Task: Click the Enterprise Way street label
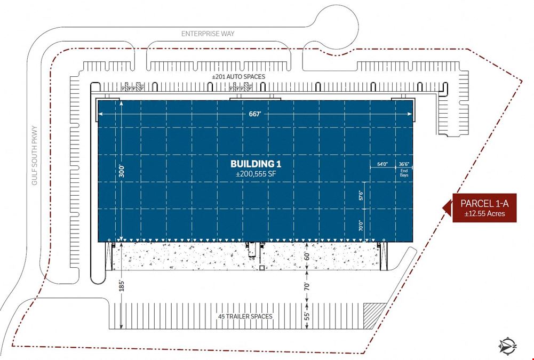pyautogui.click(x=208, y=34)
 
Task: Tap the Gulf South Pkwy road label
pyautogui.click(x=34, y=156)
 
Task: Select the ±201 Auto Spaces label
pyautogui.click(x=238, y=77)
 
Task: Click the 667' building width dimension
pyautogui.click(x=255, y=114)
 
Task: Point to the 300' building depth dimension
pyautogui.click(x=122, y=171)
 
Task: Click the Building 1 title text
pyautogui.click(x=256, y=164)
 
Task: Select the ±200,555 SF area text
pyautogui.click(x=256, y=174)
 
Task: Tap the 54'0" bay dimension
pyautogui.click(x=382, y=164)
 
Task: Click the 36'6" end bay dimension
pyautogui.click(x=404, y=164)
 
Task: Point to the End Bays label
pyautogui.click(x=404, y=173)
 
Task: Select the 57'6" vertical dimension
pyautogui.click(x=361, y=195)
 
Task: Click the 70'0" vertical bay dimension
pyautogui.click(x=361, y=226)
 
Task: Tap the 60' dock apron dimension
pyautogui.click(x=307, y=256)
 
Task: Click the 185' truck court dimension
pyautogui.click(x=122, y=286)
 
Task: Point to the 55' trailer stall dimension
pyautogui.click(x=307, y=316)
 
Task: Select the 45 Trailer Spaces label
pyautogui.click(x=245, y=316)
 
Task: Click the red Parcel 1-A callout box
pyautogui.click(x=484, y=208)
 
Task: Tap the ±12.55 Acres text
pyautogui.click(x=484, y=214)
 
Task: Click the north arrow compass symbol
pyautogui.click(x=508, y=346)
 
